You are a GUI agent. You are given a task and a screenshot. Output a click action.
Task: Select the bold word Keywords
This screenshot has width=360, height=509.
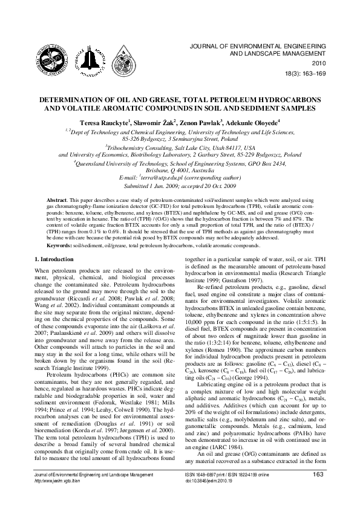pos(59,247)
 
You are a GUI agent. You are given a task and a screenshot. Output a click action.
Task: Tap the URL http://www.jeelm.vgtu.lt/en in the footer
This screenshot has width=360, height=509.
pos(61,497)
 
